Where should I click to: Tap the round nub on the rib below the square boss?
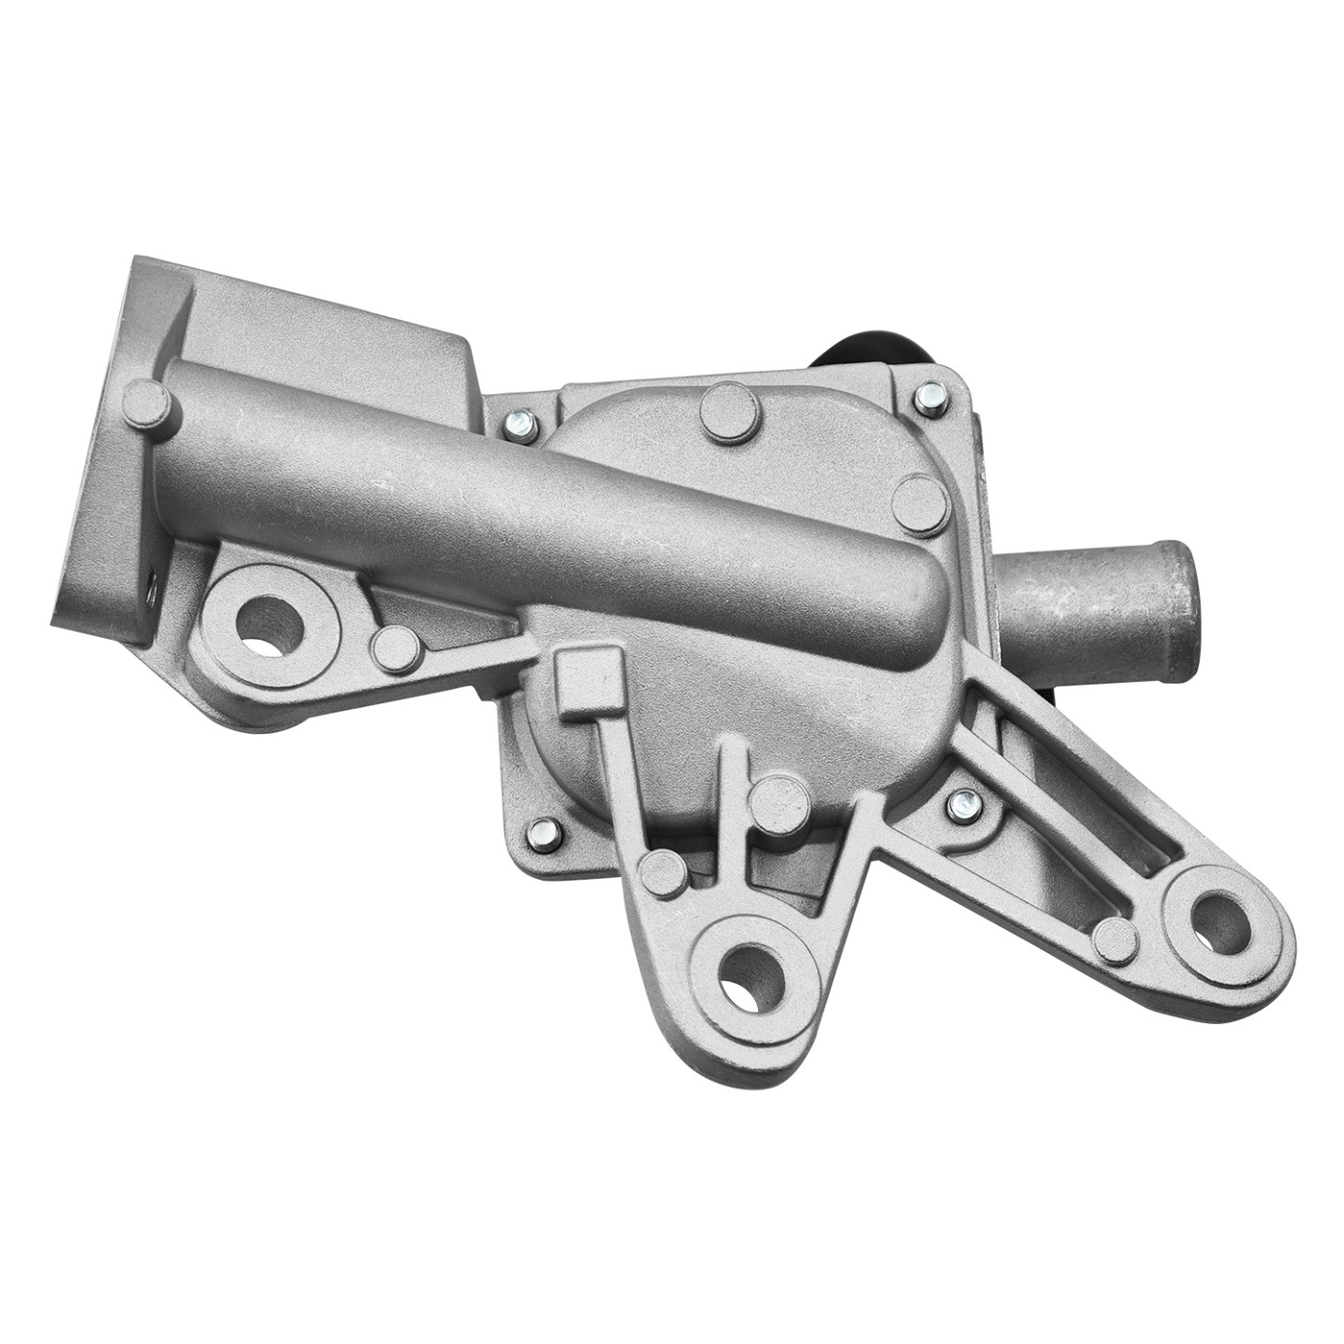tap(662, 872)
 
